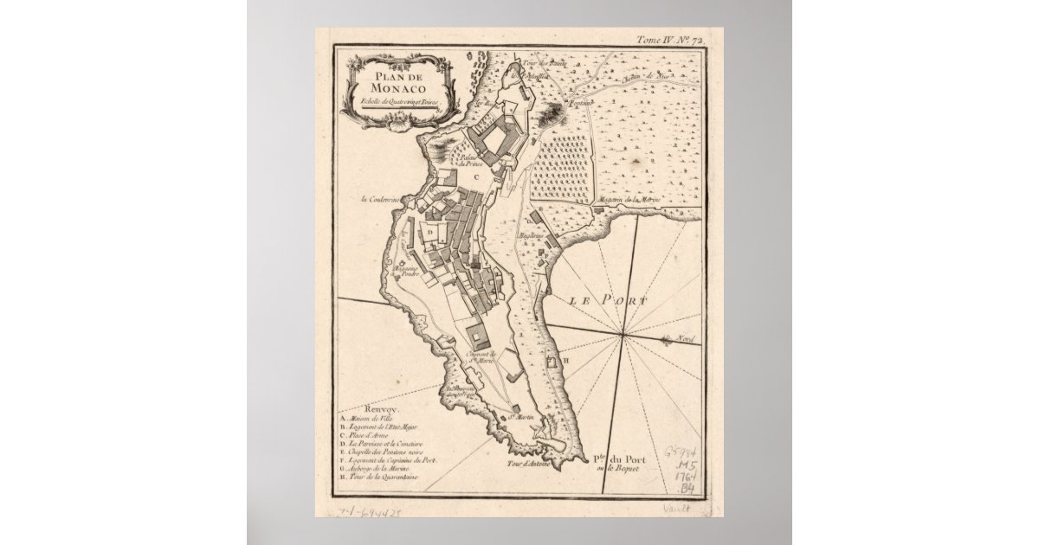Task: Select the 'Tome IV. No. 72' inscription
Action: coord(672,40)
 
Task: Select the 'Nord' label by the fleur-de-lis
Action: coord(687,339)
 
